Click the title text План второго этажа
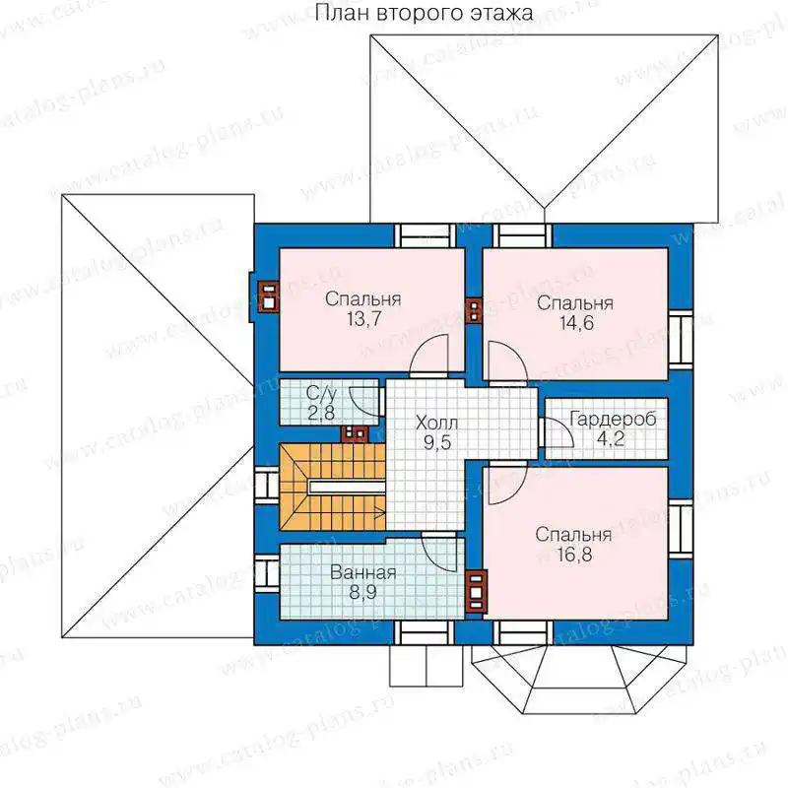tap(425, 13)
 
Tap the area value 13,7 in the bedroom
tap(363, 318)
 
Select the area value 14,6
tap(576, 323)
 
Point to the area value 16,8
tap(574, 555)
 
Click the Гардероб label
tap(613, 419)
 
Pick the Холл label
tap(436, 424)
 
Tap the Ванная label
tap(362, 573)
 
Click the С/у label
tap(321, 393)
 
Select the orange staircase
tap(332, 487)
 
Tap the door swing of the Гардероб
tap(557, 432)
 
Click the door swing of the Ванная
tap(440, 553)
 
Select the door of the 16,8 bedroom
tap(507, 484)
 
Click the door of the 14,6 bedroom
tap(507, 361)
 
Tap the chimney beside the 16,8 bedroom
tap(476, 591)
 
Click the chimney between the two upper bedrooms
tap(474, 310)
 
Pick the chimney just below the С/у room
tap(355, 433)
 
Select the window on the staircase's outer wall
tap(266, 486)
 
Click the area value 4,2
tap(611, 438)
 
